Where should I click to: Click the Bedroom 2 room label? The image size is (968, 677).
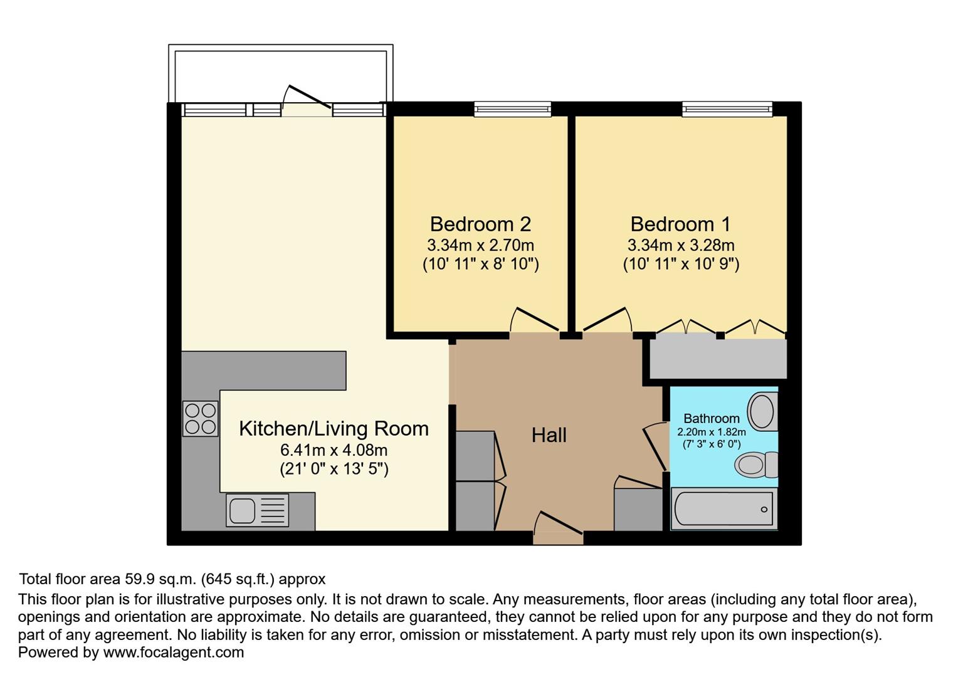480,224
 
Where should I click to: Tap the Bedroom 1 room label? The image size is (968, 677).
680,224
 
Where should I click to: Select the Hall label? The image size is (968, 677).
549,435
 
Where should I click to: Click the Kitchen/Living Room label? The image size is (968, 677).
334,429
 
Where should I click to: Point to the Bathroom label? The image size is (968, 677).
711,418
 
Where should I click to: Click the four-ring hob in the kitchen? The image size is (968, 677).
201,419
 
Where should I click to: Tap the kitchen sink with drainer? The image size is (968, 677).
257,510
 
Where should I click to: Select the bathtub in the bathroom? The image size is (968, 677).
723,509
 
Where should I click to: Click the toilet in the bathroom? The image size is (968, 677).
755,465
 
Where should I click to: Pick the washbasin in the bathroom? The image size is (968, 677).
762,411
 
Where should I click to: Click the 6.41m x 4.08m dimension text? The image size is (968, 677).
334,450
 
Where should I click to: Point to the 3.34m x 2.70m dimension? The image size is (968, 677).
480,245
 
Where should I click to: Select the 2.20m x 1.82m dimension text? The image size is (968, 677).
711,432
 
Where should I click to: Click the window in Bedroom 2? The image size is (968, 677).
512,110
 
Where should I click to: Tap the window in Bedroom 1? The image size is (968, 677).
727,110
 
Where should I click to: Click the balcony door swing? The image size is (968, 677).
307,99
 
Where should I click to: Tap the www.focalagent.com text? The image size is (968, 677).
173,653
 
